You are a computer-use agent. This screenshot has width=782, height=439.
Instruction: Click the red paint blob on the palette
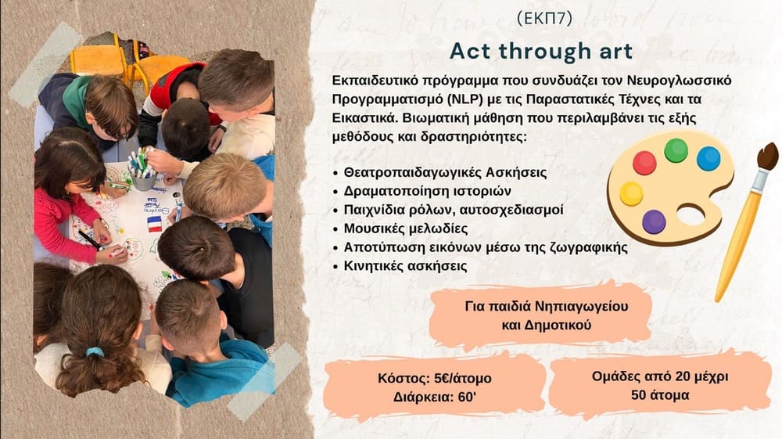[644, 163]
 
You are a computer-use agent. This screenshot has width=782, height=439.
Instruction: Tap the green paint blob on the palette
[676, 150]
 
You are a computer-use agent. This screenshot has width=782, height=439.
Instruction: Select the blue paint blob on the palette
[708, 159]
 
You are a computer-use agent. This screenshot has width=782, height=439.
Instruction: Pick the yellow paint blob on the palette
[631, 194]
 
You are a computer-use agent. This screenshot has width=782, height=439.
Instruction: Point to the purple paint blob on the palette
[654, 222]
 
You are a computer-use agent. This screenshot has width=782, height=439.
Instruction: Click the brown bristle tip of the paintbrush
[768, 157]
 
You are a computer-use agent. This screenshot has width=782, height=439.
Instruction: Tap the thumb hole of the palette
[691, 215]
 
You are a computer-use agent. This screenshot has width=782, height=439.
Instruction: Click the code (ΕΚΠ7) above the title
[544, 19]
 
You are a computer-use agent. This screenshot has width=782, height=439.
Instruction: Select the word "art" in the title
[613, 51]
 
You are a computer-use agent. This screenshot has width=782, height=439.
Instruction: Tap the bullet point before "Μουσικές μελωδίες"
[335, 229]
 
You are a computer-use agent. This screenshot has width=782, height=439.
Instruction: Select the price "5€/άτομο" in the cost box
[463, 379]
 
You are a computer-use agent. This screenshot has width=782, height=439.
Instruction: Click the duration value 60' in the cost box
[466, 398]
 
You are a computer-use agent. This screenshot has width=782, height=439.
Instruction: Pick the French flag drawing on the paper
[155, 224]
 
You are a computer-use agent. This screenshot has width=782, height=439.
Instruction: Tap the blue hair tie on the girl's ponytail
[95, 351]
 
